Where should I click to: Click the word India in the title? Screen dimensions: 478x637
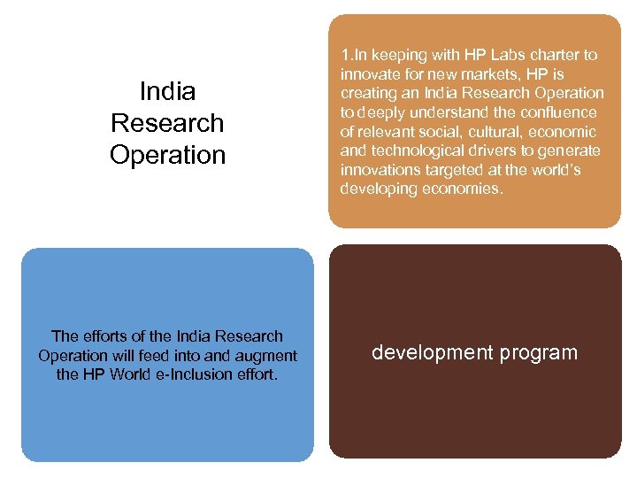coord(167,91)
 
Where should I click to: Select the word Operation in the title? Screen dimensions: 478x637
coord(167,155)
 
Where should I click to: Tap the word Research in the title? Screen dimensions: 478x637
coord(167,123)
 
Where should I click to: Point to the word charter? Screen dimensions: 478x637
coord(545,55)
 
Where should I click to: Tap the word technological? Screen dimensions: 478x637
coord(415,151)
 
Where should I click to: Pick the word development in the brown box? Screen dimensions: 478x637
coord(433,352)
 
